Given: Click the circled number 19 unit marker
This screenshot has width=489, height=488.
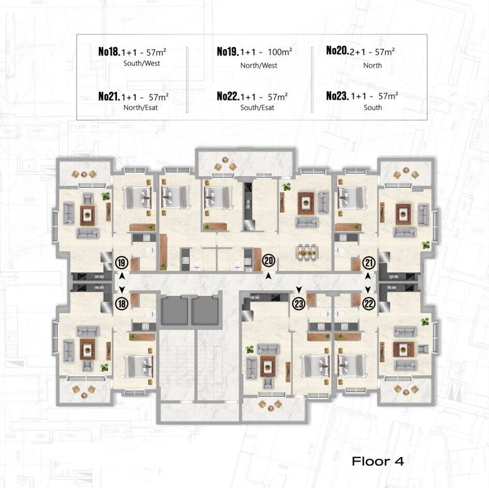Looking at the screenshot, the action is pos(122,263).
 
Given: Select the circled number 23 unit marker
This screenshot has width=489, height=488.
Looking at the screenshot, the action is pos(299,303).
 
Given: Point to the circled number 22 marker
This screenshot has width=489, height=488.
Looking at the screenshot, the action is pos(369,303).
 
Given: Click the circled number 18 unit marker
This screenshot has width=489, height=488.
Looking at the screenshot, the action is pos(122,303).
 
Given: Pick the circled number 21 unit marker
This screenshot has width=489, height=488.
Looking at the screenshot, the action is pos(369,263).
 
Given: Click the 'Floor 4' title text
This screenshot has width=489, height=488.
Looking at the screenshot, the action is pos(378,461).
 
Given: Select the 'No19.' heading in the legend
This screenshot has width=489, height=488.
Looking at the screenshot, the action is pos(227,51).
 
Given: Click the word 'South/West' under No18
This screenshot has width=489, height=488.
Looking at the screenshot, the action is pos(141,63).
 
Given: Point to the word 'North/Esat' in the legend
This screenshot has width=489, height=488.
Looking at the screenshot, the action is pos(141,107).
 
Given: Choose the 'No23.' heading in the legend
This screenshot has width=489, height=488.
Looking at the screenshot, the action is pos(337,95).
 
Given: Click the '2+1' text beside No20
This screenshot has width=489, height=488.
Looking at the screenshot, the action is pos(357,52).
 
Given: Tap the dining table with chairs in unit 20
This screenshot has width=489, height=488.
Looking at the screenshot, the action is pos(308,252).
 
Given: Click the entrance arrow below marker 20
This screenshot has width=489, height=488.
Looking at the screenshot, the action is pos(268,276).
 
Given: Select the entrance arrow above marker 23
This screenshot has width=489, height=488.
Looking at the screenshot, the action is pos(299,289).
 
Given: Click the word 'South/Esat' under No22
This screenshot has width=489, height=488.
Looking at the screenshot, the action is pos(257,107).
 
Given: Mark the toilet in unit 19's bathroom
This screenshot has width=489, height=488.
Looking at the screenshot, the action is pos(151,250).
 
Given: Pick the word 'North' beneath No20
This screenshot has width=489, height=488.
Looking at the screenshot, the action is pos(372,65).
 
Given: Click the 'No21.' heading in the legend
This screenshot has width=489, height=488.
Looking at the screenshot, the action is pos(109,96).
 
